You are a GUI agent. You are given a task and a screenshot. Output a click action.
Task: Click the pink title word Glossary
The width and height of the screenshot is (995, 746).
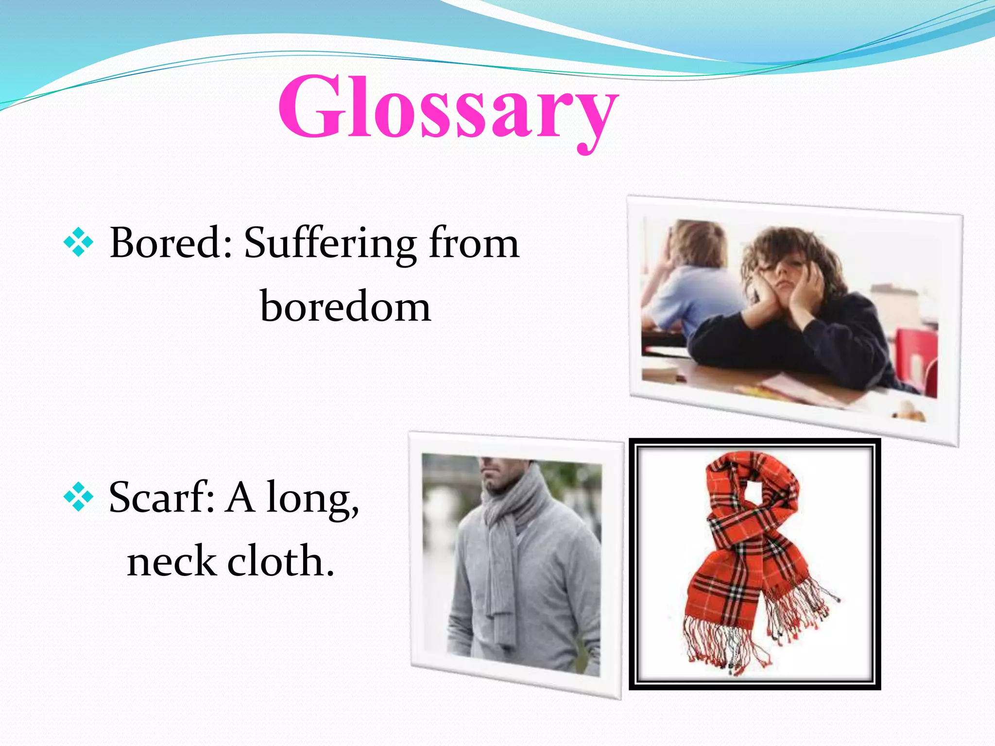tap(447, 108)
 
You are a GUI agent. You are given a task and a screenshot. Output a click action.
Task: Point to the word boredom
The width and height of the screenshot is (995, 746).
tap(345, 307)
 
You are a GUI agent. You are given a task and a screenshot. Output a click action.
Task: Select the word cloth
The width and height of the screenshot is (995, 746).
tap(280, 560)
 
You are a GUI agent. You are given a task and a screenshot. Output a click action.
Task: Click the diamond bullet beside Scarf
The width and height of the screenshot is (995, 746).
tap(78, 497)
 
